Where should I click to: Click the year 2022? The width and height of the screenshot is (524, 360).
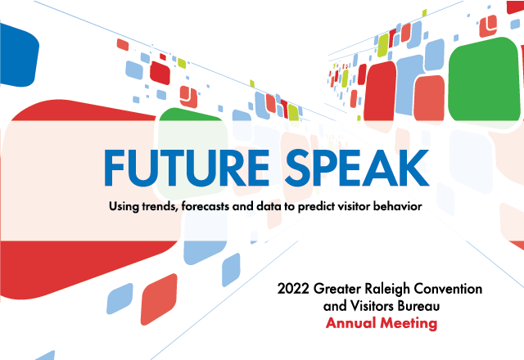294,290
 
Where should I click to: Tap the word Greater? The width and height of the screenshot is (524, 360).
337,290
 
